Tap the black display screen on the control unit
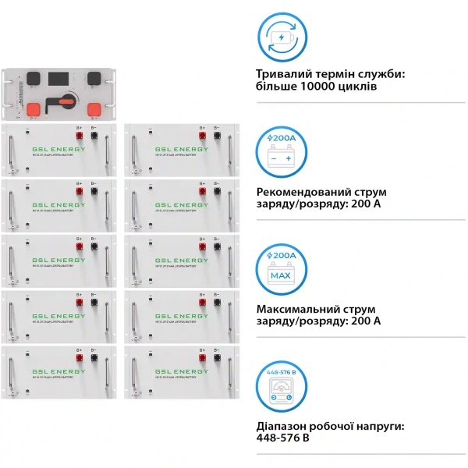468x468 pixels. (x=62, y=79)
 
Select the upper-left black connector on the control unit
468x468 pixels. (x=32, y=78)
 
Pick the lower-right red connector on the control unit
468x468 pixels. (x=93, y=108)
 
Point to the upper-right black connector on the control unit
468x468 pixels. (x=93, y=78)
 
